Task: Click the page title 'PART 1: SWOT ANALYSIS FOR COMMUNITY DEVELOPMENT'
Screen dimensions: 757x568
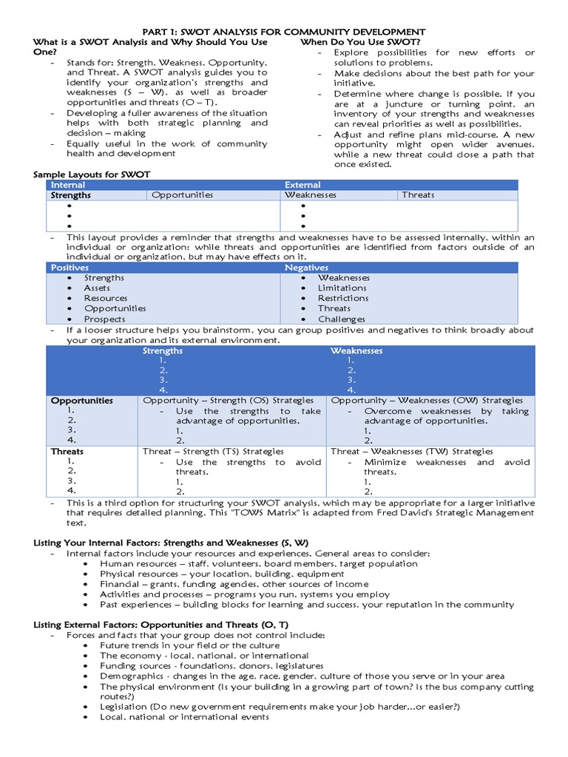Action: (283, 32)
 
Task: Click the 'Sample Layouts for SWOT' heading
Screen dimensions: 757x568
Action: (92, 174)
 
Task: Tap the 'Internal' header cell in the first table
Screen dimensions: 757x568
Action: (68, 185)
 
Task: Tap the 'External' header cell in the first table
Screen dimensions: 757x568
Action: (302, 185)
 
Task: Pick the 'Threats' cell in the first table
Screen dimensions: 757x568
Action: (418, 195)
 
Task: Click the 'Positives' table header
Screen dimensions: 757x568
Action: (70, 268)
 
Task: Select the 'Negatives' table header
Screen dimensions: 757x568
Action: (306, 268)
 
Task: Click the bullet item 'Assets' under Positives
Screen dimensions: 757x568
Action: (97, 288)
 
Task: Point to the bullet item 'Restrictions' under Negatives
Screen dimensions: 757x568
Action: (342, 299)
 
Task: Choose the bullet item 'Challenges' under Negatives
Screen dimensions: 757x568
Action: (341, 319)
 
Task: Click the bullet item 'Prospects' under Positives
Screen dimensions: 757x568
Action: (104, 319)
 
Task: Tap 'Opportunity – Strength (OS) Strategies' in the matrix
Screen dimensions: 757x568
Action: (228, 401)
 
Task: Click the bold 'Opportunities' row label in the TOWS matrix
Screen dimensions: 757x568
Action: (81, 401)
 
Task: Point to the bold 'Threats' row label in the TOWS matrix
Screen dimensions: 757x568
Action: (67, 451)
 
